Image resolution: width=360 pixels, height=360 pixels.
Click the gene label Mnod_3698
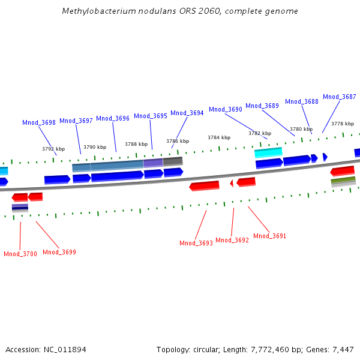(39, 122)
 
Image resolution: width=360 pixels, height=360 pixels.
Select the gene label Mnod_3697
(76, 121)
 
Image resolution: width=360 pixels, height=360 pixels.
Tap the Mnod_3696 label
(113, 118)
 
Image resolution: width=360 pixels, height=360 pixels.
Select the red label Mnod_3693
(196, 243)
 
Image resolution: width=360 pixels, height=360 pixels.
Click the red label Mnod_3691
(269, 236)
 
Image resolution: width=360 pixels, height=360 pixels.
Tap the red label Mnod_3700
(20, 254)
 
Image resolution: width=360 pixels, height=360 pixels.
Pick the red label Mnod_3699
(59, 252)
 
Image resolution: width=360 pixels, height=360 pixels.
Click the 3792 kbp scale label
(53, 149)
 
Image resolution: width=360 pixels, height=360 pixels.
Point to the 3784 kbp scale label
(219, 137)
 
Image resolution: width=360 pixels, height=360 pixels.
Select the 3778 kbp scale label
(343, 124)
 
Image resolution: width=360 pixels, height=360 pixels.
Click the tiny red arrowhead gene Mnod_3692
(232, 183)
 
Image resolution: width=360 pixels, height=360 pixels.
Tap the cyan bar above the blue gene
(268, 152)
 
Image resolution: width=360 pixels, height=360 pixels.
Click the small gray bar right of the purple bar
(173, 161)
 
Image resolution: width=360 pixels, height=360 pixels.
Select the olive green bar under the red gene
(343, 180)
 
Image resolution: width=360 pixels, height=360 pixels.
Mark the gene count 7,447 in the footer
(343, 349)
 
